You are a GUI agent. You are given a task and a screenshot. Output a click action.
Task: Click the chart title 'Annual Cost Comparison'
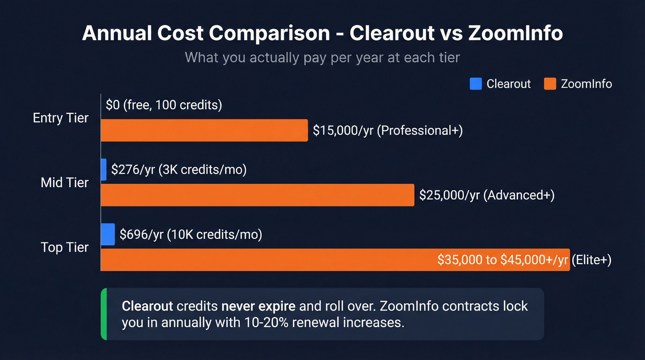[x=206, y=34]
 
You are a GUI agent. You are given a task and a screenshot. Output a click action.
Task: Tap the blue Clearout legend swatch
[x=475, y=83]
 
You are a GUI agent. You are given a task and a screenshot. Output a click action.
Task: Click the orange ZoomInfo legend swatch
[x=550, y=83]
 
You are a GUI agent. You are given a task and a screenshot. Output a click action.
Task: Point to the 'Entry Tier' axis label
[x=60, y=118]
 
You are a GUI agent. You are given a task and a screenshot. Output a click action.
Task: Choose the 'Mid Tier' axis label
[x=64, y=183]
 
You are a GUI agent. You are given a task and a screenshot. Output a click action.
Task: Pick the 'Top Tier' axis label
[x=64, y=247]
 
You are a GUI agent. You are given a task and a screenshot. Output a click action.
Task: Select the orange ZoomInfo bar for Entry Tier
[x=204, y=130]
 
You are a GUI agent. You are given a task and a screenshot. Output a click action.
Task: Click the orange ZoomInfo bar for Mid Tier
[x=257, y=195]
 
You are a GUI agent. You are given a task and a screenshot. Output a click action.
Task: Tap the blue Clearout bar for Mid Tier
[x=104, y=170]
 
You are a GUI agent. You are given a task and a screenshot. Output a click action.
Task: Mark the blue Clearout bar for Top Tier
[x=108, y=234]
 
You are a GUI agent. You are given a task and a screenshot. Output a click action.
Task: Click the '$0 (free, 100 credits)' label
[x=164, y=105]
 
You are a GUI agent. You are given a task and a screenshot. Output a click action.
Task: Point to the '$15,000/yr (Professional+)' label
[x=387, y=130]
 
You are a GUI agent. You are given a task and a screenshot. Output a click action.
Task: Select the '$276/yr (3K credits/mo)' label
[x=179, y=170]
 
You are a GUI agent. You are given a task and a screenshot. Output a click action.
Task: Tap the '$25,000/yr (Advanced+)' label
[x=487, y=195]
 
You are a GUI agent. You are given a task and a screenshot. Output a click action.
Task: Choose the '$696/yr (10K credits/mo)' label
[x=191, y=234]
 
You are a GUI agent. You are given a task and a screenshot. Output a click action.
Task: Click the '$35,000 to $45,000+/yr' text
[x=503, y=260]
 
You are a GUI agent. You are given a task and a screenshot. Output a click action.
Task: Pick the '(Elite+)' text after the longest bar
[x=591, y=260]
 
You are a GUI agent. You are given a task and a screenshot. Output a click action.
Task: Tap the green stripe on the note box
[x=103, y=314]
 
